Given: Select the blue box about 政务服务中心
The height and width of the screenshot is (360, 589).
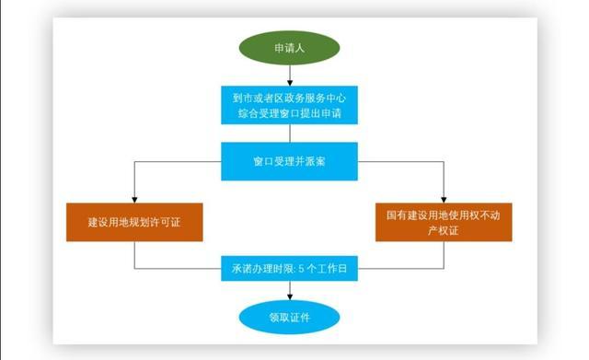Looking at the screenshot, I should click(291, 105).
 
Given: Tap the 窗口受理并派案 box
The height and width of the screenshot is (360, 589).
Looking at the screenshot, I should click(291, 161).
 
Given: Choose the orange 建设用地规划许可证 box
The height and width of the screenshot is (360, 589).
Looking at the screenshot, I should click(134, 222).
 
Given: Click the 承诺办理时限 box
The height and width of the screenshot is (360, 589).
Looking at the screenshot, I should click(291, 270).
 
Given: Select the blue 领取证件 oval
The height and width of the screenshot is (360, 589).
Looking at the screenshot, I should click(291, 318).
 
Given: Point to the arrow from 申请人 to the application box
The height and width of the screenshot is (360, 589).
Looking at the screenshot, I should click(291, 76).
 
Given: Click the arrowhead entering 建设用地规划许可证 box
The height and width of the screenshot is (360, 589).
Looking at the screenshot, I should click(134, 199).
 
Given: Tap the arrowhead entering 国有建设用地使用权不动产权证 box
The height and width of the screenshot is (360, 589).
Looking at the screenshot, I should click(445, 199).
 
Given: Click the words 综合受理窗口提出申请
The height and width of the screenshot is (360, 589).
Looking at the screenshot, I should click(291, 115).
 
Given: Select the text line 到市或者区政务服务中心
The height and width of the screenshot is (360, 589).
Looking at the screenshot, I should click(291, 96).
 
